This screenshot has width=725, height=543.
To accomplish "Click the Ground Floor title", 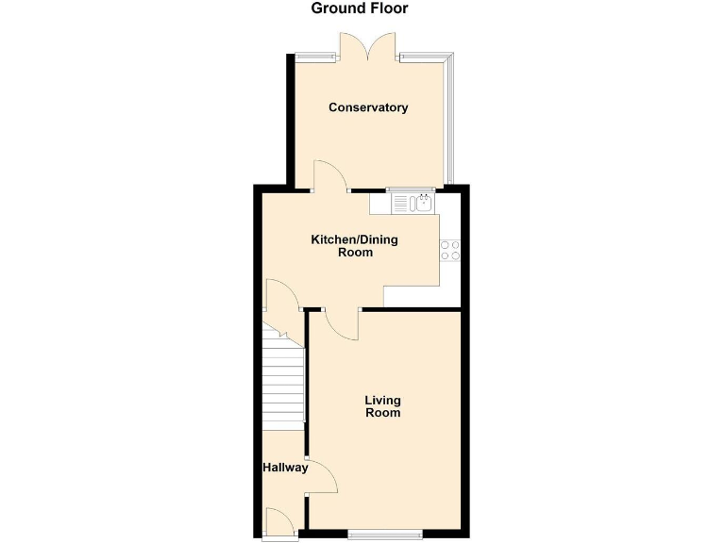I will click(360, 8).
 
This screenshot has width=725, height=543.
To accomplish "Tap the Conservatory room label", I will click(368, 107).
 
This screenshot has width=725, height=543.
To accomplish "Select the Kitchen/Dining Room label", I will click(355, 246).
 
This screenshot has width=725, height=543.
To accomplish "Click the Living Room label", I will click(382, 406).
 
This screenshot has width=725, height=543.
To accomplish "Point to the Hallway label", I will click(285, 467).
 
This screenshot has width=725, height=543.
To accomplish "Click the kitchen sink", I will click(411, 202).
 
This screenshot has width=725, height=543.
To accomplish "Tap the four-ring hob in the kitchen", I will click(449, 250).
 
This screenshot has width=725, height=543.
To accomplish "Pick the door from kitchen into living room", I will click(341, 325).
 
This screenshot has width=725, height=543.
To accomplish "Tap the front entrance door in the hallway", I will click(279, 523).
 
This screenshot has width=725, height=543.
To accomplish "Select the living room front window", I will click(385, 535).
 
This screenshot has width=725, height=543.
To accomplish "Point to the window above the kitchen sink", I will click(411, 189).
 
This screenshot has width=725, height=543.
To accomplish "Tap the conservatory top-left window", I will click(314, 58).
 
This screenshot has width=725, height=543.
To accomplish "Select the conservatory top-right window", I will click(421, 58).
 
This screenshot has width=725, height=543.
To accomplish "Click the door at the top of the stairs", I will click(281, 296).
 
